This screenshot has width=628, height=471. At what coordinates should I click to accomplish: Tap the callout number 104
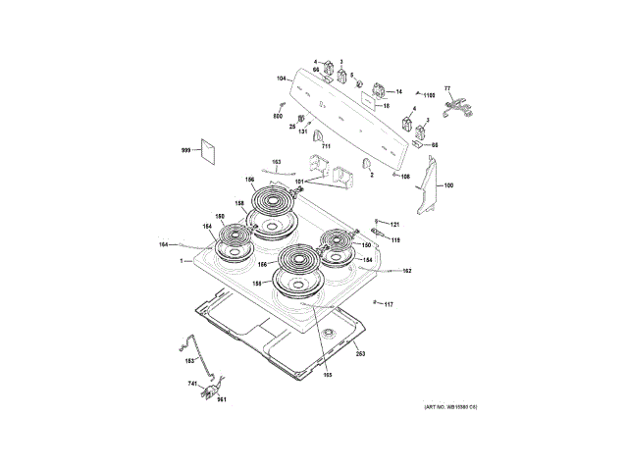281,78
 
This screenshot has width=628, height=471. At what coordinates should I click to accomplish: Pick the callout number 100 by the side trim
449,185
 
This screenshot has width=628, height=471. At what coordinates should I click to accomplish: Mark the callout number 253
360,353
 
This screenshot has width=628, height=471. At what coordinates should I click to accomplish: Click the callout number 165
328,376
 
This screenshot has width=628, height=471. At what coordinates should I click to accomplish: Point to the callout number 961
222,399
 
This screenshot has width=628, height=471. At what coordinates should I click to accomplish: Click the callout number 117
389,305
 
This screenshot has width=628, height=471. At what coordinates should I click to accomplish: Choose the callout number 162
406,271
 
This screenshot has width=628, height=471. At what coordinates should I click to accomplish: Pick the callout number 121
395,224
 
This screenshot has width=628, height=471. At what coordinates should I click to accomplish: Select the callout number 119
395,238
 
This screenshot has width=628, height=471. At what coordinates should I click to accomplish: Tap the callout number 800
278,117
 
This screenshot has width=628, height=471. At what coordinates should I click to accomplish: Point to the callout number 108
405,177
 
